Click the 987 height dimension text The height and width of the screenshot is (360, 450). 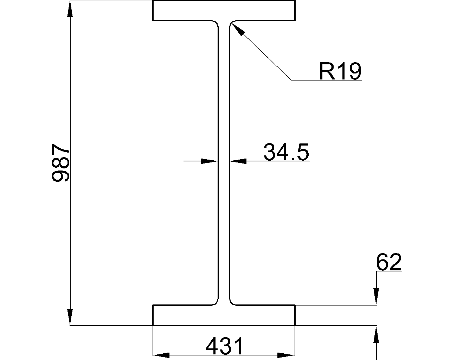click(x=60, y=162)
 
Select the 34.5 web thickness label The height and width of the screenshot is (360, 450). click(x=286, y=152)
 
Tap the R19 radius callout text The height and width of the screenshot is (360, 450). click(x=340, y=71)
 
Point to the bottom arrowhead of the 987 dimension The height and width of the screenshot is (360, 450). click(x=70, y=316)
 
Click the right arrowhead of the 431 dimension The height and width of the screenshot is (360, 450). click(x=286, y=355)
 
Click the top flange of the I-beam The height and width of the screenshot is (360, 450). click(x=224, y=10)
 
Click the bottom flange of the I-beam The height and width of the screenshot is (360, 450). click(x=224, y=315)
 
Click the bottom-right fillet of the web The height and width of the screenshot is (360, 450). click(x=232, y=302)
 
